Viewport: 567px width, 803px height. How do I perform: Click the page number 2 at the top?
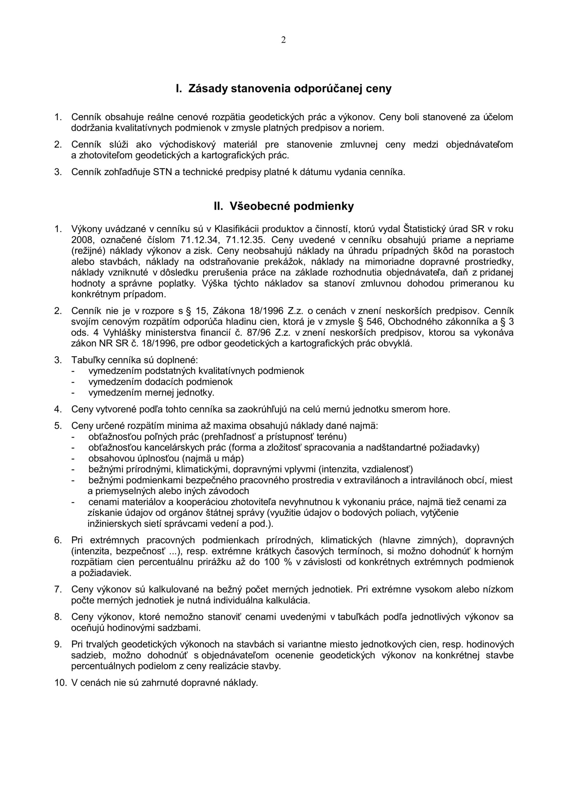[x=283, y=40]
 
